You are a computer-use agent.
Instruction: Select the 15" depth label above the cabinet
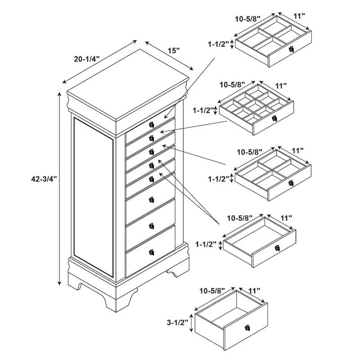pyautogui.click(x=172, y=50)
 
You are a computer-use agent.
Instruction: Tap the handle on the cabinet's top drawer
pyautogui.click(x=152, y=124)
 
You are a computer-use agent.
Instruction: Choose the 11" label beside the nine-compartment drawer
pyautogui.click(x=281, y=85)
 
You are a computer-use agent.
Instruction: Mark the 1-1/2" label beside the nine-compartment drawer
pyautogui.click(x=204, y=110)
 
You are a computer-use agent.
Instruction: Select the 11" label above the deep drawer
pyautogui.click(x=254, y=291)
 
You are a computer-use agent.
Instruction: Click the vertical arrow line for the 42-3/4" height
pyautogui.click(x=59, y=189)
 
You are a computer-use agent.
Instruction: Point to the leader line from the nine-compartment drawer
pyautogui.click(x=198, y=126)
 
